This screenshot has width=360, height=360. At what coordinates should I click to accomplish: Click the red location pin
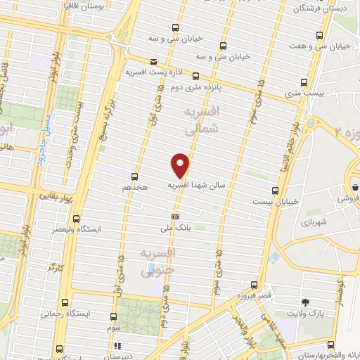click(181, 165)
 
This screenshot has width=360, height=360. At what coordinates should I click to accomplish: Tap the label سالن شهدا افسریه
click(195, 186)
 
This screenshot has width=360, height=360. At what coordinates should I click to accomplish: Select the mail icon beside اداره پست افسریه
click(154, 62)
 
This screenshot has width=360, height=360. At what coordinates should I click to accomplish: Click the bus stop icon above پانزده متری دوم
click(195, 76)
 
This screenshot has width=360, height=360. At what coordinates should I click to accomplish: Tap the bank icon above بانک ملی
click(175, 217)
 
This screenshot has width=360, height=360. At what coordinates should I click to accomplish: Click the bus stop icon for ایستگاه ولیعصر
click(76, 219)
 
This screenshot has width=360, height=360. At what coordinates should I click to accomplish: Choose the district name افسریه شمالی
click(202, 121)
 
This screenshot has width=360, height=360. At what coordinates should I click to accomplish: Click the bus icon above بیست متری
click(304, 82)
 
